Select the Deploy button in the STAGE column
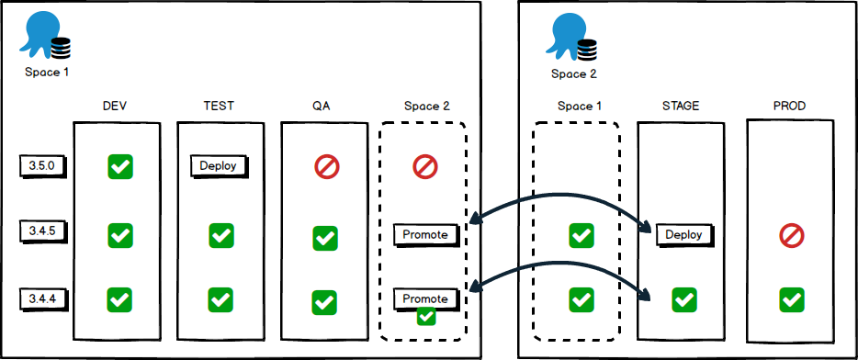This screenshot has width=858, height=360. [684, 234]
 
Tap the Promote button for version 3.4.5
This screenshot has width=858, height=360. [425, 234]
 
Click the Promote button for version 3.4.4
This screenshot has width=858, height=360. [425, 298]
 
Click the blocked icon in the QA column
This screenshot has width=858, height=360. [326, 166]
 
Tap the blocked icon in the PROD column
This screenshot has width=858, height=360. [791, 236]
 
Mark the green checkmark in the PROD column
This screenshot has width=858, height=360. [791, 299]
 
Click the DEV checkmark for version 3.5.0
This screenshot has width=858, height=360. [120, 166]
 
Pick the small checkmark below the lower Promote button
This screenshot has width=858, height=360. [425, 317]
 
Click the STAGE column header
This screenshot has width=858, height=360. [681, 107]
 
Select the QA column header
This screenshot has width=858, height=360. [322, 107]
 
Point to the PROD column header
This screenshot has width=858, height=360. [789, 107]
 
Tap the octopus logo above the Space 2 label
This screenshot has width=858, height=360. [573, 35]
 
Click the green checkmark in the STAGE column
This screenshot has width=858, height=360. [683, 299]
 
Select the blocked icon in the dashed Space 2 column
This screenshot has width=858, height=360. [424, 166]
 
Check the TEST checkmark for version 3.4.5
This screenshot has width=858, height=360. [220, 236]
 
